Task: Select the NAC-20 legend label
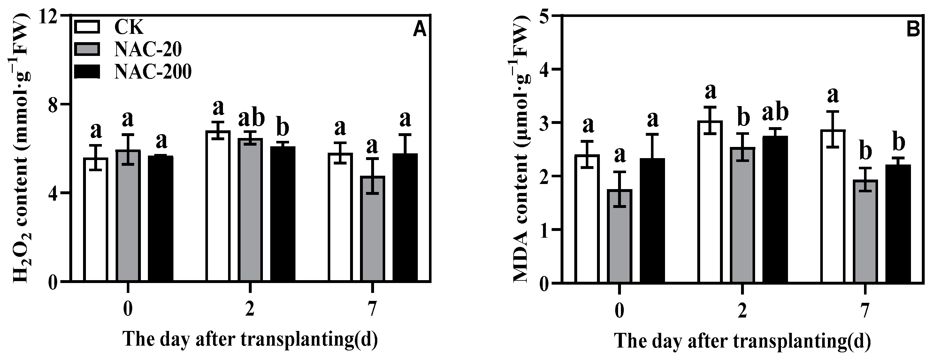[x=148, y=50]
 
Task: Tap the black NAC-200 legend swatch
[x=87, y=71]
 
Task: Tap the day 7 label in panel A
[x=372, y=310]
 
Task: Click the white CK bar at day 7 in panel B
[x=833, y=206]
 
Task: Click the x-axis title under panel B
[x=742, y=341]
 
